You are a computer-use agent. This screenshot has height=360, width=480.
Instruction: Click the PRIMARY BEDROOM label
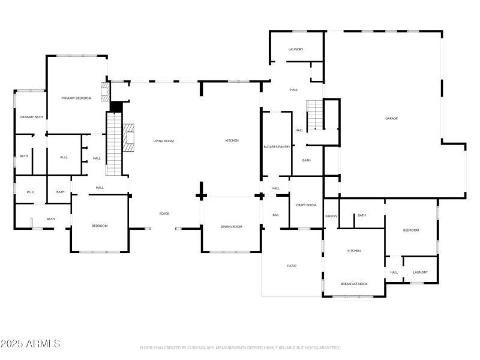[76, 97]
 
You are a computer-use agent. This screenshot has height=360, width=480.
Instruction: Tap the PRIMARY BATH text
[31, 117]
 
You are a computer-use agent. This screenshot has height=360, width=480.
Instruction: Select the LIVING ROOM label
[163, 140]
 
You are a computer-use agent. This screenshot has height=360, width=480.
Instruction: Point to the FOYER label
[164, 214]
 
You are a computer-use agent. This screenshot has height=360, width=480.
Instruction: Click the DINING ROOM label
[232, 226]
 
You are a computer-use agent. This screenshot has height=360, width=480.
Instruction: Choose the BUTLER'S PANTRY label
[277, 146]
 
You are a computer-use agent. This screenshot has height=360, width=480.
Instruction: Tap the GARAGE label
[391, 118]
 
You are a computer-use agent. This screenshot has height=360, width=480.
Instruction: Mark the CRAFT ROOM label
[306, 205]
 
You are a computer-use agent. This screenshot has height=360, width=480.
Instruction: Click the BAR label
[275, 215]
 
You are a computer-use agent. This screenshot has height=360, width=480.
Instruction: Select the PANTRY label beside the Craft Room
[331, 216]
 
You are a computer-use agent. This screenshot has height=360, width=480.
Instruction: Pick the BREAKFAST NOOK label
[354, 283]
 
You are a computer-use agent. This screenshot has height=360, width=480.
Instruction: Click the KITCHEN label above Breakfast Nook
[354, 250]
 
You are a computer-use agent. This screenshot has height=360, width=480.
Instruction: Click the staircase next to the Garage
[315, 115]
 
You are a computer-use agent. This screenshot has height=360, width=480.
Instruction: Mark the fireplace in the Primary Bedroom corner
[106, 92]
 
